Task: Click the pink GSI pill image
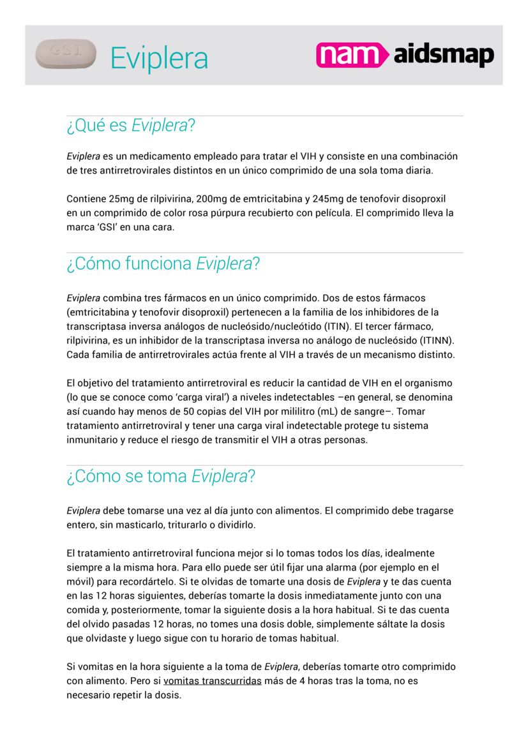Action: pyautogui.click(x=66, y=54)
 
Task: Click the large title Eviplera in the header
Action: pyautogui.click(x=159, y=58)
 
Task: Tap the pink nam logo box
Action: pyautogui.click(x=352, y=55)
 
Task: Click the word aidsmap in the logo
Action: pyautogui.click(x=443, y=56)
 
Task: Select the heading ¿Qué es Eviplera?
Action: pyautogui.click(x=130, y=126)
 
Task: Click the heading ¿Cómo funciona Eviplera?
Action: pyautogui.click(x=163, y=263)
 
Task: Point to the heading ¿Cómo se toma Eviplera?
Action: pyautogui.click(x=161, y=476)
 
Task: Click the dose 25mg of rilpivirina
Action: pyautogui.click(x=122, y=198)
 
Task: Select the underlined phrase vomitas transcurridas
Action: pyautogui.click(x=213, y=681)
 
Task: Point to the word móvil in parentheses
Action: pyautogui.click(x=80, y=581)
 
